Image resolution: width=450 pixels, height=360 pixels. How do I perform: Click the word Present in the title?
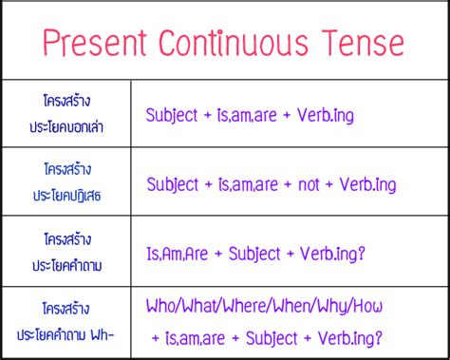click(91, 44)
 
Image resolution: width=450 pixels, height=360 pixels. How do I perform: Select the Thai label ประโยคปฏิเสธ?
click(66, 196)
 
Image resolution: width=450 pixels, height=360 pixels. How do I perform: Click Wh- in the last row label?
click(107, 335)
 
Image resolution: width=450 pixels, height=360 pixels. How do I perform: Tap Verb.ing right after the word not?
click(366, 184)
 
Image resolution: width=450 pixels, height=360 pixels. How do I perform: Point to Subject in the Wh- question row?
click(272, 336)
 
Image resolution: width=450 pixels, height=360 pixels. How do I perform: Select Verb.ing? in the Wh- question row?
click(350, 336)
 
